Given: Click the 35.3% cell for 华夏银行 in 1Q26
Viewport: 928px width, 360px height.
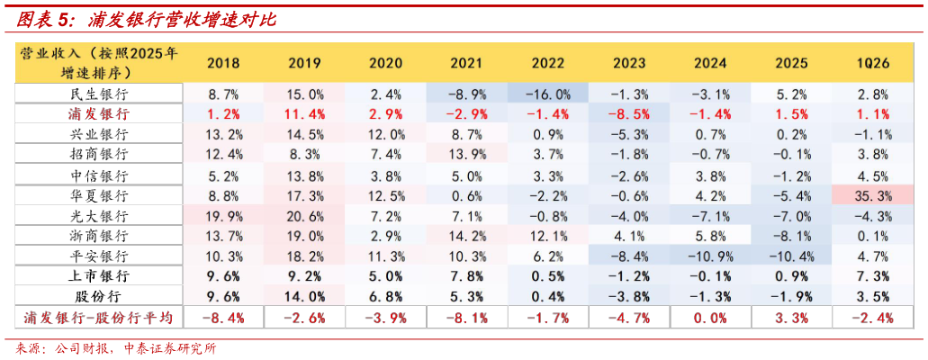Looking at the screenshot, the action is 872,195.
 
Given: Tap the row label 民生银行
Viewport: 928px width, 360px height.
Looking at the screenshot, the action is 99,94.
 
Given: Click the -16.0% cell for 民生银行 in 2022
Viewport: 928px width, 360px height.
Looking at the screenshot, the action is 546,94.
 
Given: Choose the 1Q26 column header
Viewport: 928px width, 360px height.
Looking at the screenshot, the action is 872,63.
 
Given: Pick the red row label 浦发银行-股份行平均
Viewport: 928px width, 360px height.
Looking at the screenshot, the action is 97,318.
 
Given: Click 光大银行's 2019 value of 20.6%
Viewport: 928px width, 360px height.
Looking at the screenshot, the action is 304,215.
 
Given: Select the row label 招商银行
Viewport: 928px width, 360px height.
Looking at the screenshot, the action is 99,155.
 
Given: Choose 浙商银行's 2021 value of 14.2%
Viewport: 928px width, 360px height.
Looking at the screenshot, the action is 467,236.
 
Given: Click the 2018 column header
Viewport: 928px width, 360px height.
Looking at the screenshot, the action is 224,63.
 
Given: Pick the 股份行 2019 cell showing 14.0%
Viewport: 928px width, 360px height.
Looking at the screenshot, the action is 304,297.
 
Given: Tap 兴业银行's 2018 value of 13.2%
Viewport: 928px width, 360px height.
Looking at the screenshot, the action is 224,134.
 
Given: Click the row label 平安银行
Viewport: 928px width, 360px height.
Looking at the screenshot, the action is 99,256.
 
